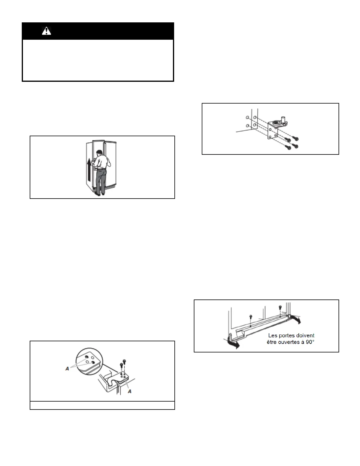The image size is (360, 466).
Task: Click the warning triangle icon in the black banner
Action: [x=46, y=31]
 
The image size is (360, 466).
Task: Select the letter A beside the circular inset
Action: [x=67, y=368]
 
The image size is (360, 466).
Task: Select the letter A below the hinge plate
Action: [x=130, y=391]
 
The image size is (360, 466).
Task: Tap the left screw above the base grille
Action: [x=250, y=316]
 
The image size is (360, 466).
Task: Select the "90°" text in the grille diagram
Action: [x=309, y=342]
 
